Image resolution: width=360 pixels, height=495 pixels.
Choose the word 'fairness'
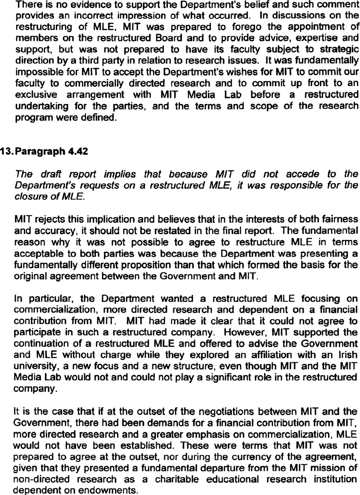pyautogui.click(x=339, y=216)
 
